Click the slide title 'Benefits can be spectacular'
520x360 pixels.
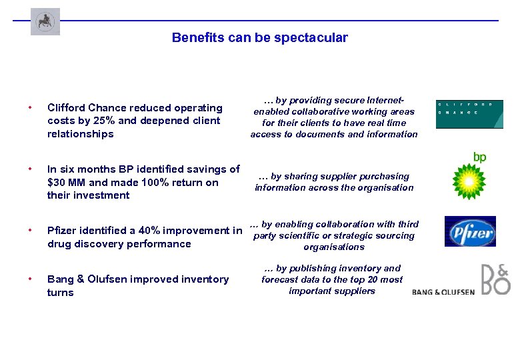pyautogui.click(x=259, y=38)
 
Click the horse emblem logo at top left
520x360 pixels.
pyautogui.click(x=45, y=21)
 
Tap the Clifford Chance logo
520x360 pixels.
pyautogui.click(x=469, y=114)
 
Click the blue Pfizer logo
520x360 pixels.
pyautogui.click(x=470, y=232)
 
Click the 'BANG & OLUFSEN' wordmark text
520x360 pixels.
pyautogui.click(x=443, y=292)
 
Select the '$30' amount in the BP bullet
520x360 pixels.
pyautogui.click(x=57, y=182)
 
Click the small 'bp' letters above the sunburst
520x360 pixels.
pyautogui.click(x=479, y=157)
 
